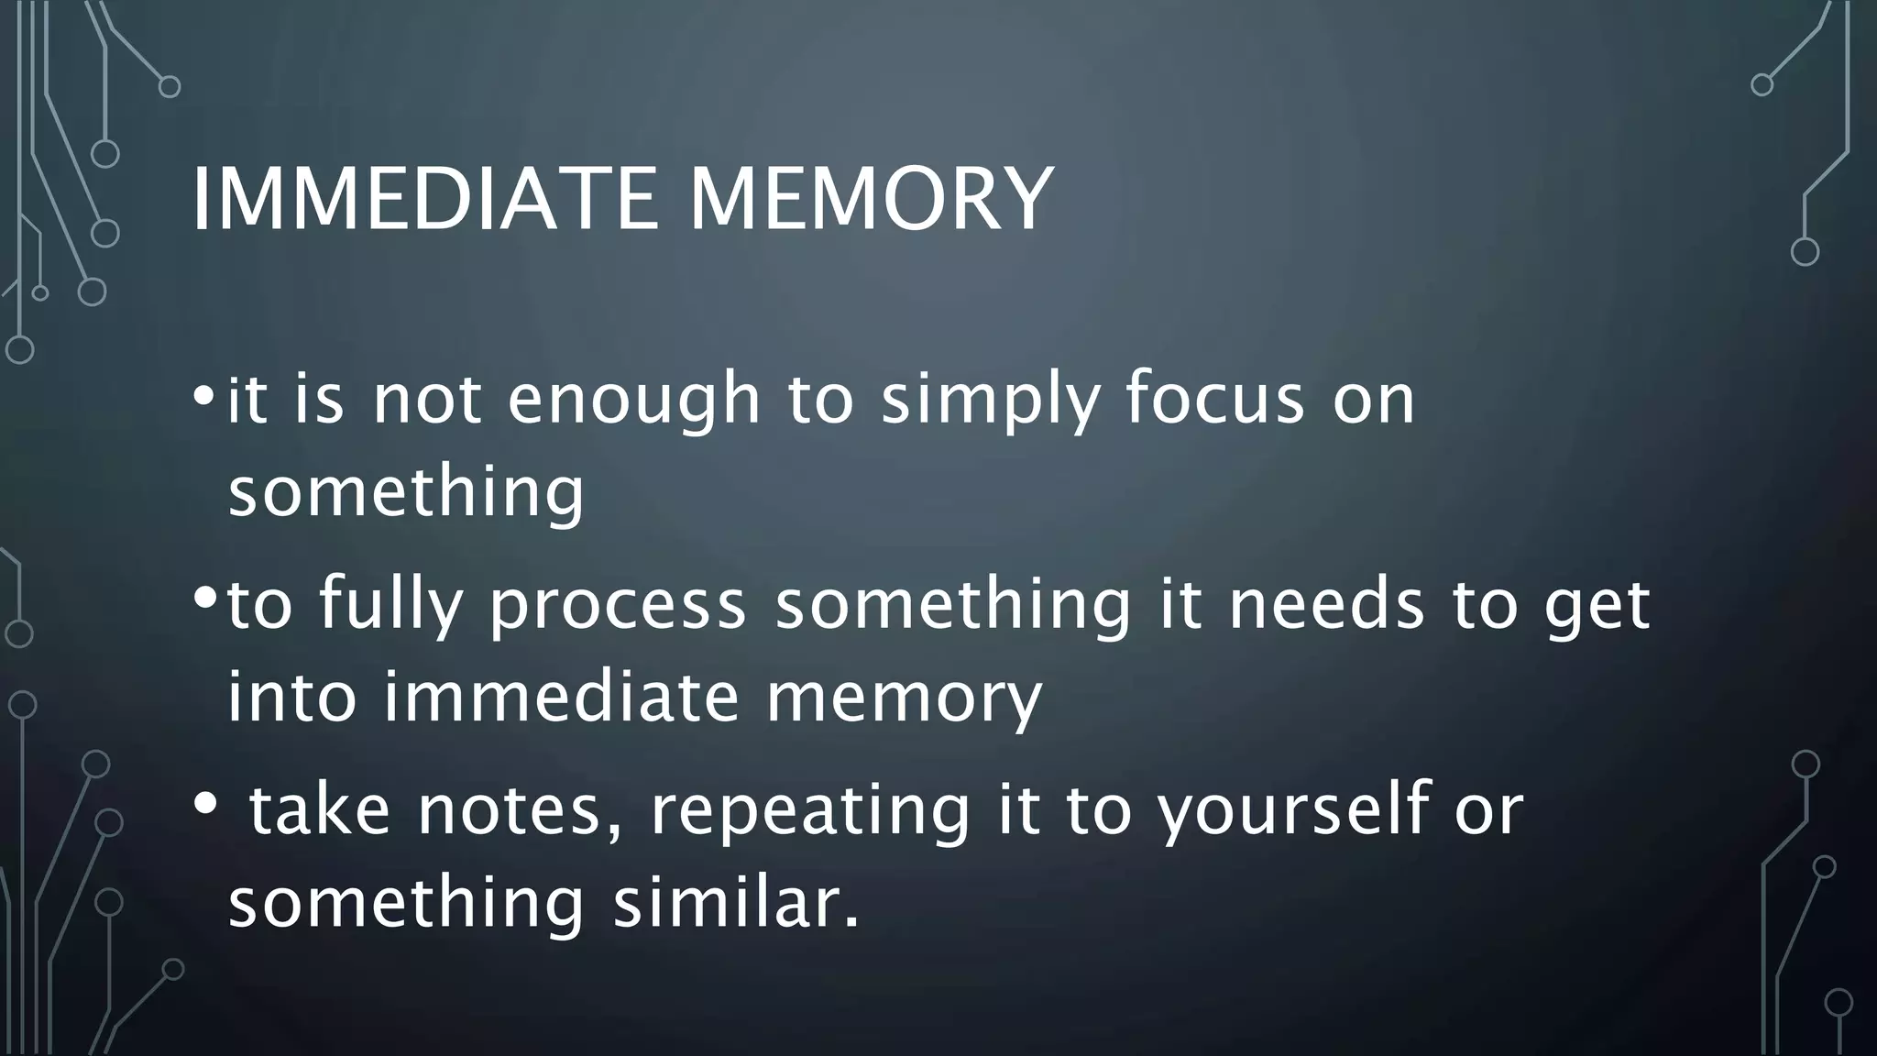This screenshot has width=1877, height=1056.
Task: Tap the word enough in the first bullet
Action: (x=634, y=401)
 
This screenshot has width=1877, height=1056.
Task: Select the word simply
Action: (x=989, y=401)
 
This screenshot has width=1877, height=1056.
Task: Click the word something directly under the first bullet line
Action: (x=406, y=492)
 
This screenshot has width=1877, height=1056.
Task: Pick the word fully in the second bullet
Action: (x=390, y=605)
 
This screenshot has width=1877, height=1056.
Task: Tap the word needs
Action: (x=1327, y=605)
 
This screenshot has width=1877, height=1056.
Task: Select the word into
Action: (x=291, y=697)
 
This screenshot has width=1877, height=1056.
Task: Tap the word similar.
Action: (x=737, y=903)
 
